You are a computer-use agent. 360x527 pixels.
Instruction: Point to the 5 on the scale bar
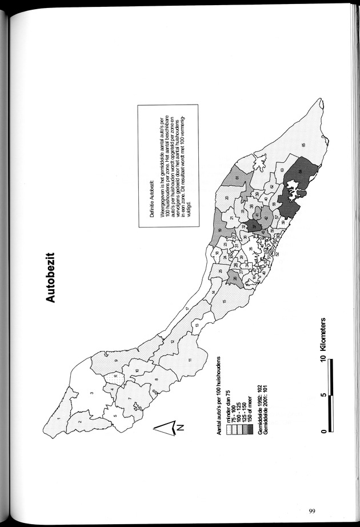(324, 394)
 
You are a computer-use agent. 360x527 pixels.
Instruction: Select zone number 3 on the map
(91, 393)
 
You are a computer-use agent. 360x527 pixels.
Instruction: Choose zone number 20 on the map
(226, 198)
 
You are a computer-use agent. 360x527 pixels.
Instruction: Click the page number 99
(311, 510)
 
